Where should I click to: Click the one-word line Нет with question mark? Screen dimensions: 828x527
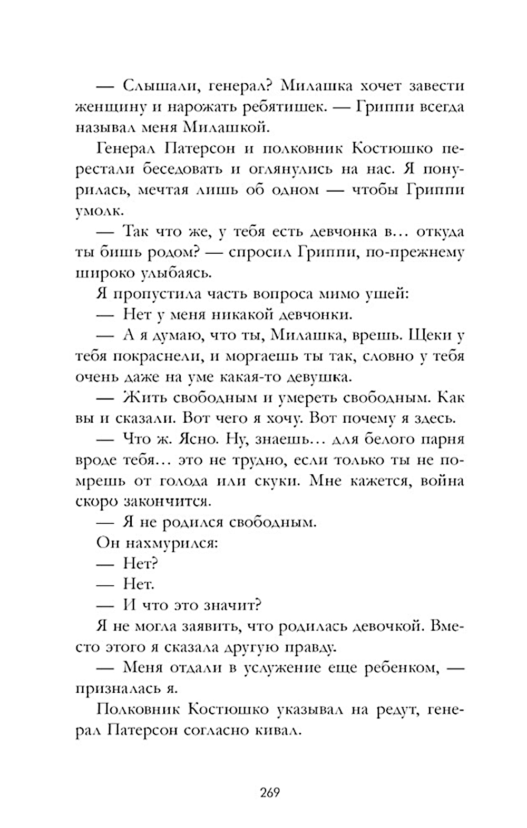coord(140,564)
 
